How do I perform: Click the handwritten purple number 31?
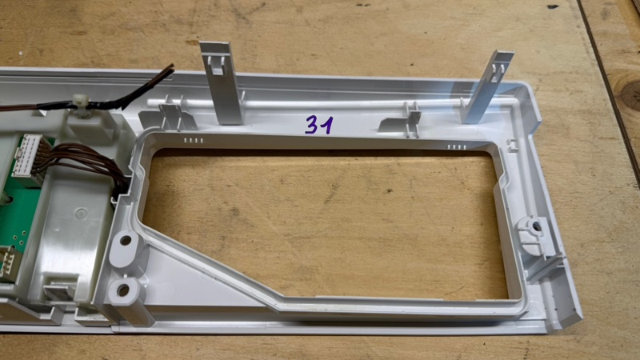(319, 125)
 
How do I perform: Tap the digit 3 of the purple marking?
(312, 125)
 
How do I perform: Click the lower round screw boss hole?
(123, 290)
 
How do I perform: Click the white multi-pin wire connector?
(27, 156)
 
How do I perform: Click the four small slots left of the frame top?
(194, 141)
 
